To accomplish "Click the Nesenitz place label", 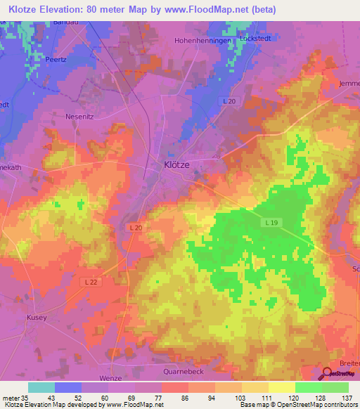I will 78,116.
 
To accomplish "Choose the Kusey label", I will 37,318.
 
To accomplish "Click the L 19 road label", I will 274,222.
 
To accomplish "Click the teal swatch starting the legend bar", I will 41,387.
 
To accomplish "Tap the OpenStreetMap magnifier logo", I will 328,374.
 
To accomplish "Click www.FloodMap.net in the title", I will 214,9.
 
